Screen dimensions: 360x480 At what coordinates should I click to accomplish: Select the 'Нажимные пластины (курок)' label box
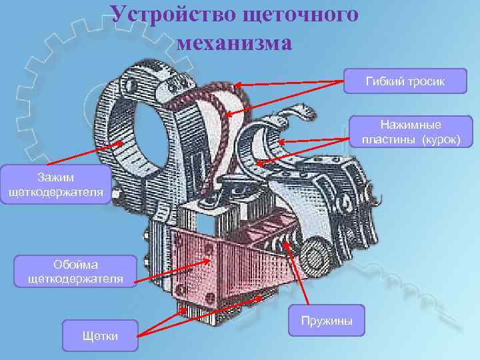[x=411, y=132]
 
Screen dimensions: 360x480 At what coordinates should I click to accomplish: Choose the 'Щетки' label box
[x=99, y=335]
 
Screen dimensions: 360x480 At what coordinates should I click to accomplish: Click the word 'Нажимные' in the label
[x=411, y=125]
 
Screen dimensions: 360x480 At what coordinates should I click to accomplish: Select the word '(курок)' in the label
[x=438, y=140]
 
